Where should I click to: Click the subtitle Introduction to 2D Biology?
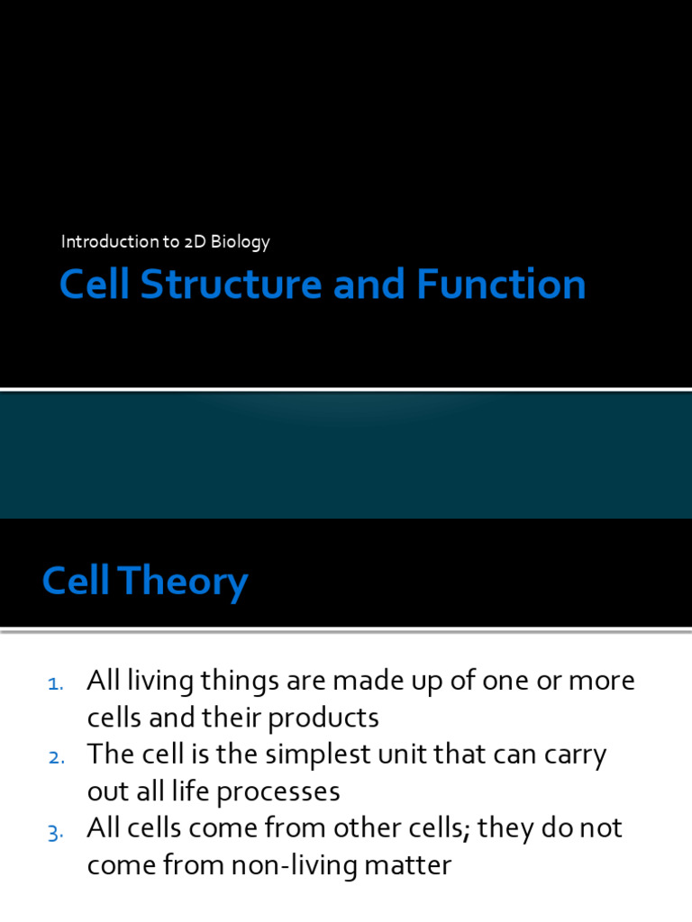166,241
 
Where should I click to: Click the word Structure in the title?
232,284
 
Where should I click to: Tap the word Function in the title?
501,284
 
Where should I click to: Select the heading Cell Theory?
145,581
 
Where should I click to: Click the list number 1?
55,683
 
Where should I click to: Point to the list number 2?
56,757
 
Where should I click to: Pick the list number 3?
55,833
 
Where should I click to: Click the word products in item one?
323,719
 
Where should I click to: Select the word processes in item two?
278,792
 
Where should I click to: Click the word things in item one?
240,682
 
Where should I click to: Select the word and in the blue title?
369,284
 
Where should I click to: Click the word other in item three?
360,828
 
